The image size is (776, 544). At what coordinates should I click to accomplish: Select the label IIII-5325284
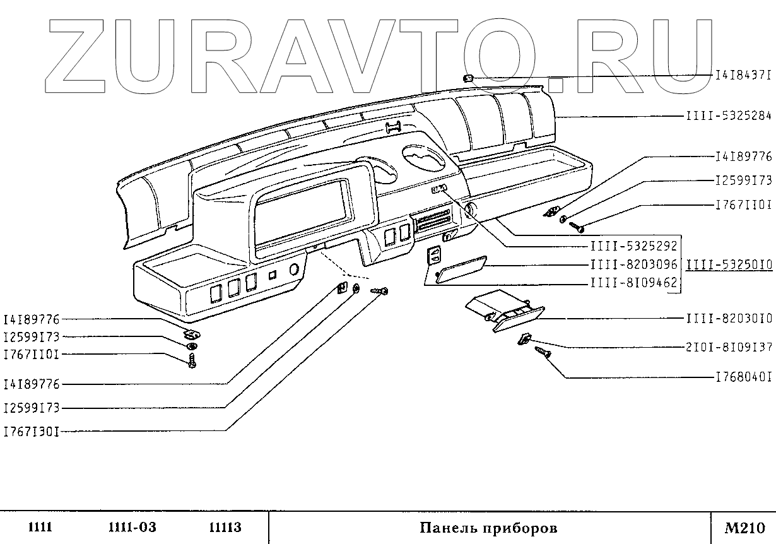coord(729,117)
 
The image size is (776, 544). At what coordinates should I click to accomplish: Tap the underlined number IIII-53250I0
coord(729,265)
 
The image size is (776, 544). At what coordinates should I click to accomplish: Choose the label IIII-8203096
coord(633,266)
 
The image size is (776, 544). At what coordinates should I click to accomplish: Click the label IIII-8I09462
coord(633,284)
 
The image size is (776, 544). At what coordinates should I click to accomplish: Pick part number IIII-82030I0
coord(729,319)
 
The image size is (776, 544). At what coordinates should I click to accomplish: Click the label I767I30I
coord(32,432)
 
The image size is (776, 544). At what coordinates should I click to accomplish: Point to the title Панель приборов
coord(489,528)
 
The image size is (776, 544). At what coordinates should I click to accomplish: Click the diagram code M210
coord(744,528)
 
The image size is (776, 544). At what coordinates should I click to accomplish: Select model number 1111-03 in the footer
coord(132,528)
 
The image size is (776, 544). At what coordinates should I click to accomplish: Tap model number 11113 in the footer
coord(225,528)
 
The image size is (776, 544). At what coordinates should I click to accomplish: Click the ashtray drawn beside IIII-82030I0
coord(503,314)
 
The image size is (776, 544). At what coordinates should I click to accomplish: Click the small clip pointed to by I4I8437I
coord(469,78)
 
